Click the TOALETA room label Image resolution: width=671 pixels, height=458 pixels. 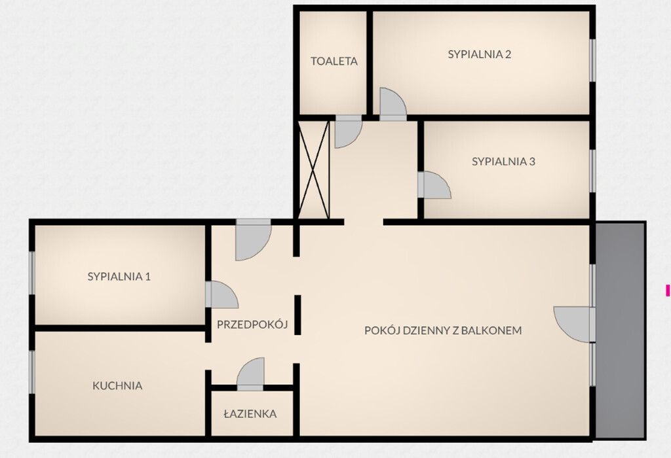pyautogui.click(x=334, y=61)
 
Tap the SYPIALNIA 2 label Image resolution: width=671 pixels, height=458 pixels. pyautogui.click(x=480, y=54)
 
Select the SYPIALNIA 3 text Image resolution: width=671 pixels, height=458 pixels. pyautogui.click(x=504, y=162)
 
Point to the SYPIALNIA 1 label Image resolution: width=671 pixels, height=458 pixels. pyautogui.click(x=119, y=276)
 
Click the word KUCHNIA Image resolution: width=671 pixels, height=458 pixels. pyautogui.click(x=117, y=385)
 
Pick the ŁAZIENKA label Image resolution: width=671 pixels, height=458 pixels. pyautogui.click(x=250, y=414)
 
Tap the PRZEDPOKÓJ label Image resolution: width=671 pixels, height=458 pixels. pyautogui.click(x=252, y=325)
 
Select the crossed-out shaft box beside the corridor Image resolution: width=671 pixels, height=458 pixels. pyautogui.click(x=314, y=170)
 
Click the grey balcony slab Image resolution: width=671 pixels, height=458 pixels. pyautogui.click(x=620, y=330)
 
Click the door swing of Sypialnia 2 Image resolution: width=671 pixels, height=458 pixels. pyautogui.click(x=393, y=104)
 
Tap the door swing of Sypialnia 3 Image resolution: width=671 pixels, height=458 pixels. pyautogui.click(x=434, y=185)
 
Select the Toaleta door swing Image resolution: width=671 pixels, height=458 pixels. pyautogui.click(x=348, y=131)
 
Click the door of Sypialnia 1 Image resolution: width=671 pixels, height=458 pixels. pyautogui.click(x=221, y=294)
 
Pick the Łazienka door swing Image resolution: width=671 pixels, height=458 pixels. pyautogui.click(x=251, y=374)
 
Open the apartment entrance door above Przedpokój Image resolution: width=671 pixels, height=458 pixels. pyautogui.click(x=254, y=239)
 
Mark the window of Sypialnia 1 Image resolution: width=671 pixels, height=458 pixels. pyautogui.click(x=31, y=273)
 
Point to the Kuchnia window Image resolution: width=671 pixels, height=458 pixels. pyautogui.click(x=31, y=371)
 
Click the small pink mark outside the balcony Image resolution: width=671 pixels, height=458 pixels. pyautogui.click(x=667, y=290)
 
